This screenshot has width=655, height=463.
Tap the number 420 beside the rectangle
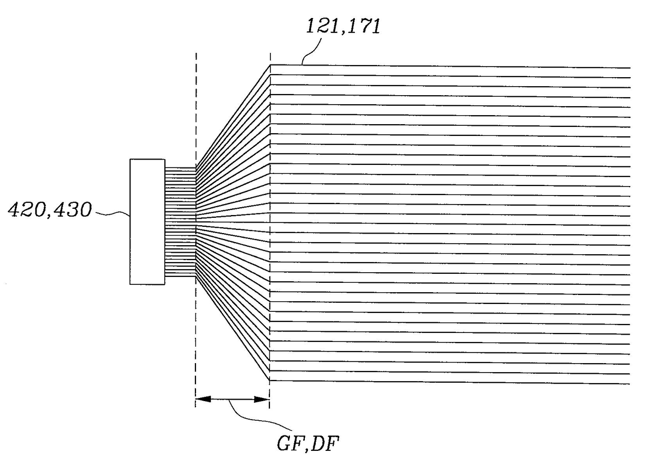tap(26, 211)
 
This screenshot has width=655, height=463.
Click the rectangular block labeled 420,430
tap(147, 221)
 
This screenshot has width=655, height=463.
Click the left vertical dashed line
tap(196, 106)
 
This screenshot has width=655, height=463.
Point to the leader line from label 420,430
tap(111, 214)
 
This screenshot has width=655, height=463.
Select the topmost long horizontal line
tap(449, 66)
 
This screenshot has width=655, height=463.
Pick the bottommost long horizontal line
tap(449, 382)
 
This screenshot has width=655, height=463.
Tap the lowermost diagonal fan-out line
tap(232, 328)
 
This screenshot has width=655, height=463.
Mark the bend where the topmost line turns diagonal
tap(270, 65)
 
